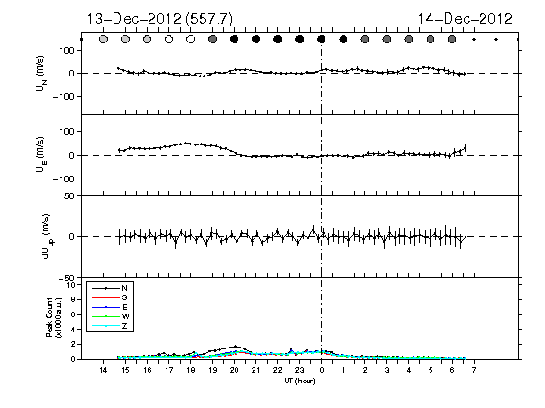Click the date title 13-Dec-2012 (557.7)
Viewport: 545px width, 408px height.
[x=160, y=19]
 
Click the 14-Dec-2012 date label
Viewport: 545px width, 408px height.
[x=466, y=19]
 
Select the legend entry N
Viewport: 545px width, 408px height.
[x=125, y=288]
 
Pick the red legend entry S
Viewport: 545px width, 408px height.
[x=125, y=297]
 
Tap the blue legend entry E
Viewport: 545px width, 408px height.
[x=125, y=307]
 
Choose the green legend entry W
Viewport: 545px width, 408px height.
[x=125, y=316]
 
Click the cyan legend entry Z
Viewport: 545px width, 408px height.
[x=125, y=326]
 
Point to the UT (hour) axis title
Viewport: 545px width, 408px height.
[x=300, y=381]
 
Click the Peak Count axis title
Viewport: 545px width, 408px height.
[x=54, y=317]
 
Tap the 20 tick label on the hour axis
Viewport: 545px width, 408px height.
[x=235, y=370]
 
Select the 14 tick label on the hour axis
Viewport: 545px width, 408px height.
[x=103, y=370]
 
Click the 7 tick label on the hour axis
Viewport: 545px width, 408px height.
[x=474, y=370]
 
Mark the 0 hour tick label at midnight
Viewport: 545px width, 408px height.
[x=322, y=370]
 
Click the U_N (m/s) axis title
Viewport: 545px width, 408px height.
[x=42, y=74]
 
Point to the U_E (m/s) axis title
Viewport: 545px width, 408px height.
[x=42, y=155]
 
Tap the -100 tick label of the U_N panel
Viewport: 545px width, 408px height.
[x=64, y=96]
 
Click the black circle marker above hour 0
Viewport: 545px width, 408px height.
[x=322, y=40]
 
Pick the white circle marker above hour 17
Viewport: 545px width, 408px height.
[x=169, y=40]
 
